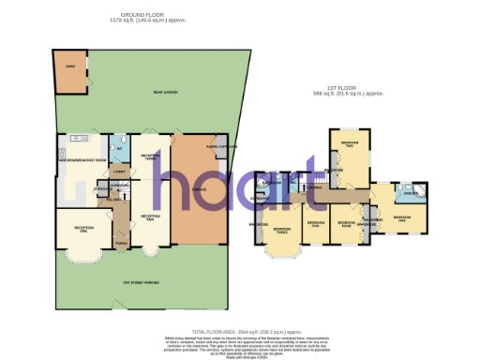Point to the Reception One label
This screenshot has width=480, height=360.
click(x=83, y=228)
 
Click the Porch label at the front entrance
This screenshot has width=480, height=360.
click(x=118, y=244)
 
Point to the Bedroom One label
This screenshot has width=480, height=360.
click(x=403, y=217)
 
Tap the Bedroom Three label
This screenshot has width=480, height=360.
click(x=282, y=230)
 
